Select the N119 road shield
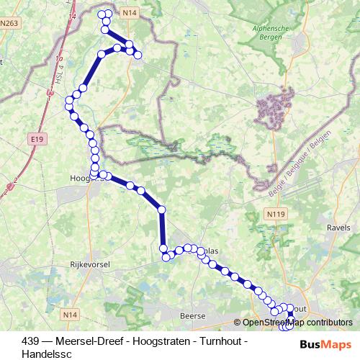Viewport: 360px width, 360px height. click(x=274, y=213)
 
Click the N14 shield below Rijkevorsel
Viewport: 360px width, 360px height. click(x=70, y=315)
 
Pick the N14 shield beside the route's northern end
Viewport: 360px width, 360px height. click(x=130, y=13)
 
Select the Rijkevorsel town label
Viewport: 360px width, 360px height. click(x=88, y=265)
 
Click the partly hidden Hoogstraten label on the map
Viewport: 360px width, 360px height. click(x=78, y=178)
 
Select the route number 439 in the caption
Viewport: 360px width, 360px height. click(x=30, y=341)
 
